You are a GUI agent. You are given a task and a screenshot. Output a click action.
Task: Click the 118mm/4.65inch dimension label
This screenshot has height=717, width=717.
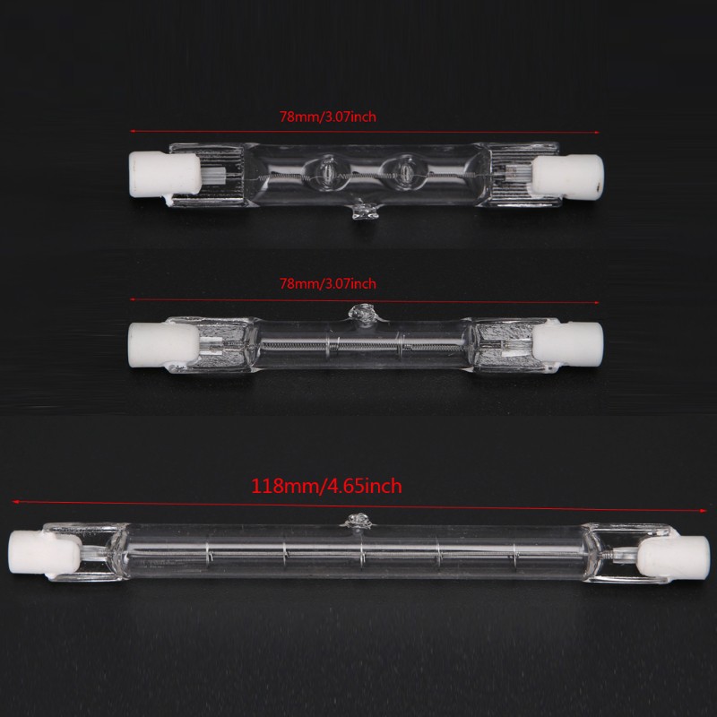click(326, 486)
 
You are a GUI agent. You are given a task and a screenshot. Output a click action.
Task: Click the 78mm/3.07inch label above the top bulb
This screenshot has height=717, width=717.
click(328, 117)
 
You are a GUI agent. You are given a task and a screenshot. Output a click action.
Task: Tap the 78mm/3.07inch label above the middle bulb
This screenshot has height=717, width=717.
click(328, 284)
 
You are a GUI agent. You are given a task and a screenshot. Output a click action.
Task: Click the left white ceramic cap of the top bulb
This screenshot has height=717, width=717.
click(165, 175)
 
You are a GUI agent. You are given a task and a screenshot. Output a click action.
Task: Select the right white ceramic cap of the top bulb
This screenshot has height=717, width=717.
click(568, 177)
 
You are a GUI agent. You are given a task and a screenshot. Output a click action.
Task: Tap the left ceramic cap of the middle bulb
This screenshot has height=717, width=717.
click(164, 345)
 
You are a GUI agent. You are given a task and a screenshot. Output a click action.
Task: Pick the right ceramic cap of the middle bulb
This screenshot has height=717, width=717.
click(568, 345)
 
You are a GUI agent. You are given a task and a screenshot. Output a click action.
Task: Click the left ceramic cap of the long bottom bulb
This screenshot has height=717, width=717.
click(45, 554)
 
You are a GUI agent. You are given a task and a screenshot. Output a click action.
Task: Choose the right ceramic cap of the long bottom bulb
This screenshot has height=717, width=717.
click(673, 557)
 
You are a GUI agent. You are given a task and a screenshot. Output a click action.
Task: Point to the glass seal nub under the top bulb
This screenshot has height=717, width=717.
click(366, 212)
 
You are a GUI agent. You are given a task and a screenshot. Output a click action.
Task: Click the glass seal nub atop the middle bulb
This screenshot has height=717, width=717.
click(361, 313)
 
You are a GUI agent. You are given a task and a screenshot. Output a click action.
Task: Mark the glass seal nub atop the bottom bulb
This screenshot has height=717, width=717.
click(356, 521)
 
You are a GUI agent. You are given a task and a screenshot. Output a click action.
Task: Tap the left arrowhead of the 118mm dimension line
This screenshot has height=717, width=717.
click(15, 502)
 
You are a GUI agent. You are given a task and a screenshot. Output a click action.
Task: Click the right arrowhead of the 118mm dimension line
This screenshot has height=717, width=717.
click(704, 510)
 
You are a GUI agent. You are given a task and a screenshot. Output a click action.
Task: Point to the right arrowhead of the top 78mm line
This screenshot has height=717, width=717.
click(596, 133)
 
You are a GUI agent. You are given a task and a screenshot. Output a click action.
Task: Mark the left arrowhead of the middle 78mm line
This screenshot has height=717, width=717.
click(133, 299)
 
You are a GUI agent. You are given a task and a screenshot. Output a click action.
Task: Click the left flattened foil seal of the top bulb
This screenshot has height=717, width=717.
click(208, 175)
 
